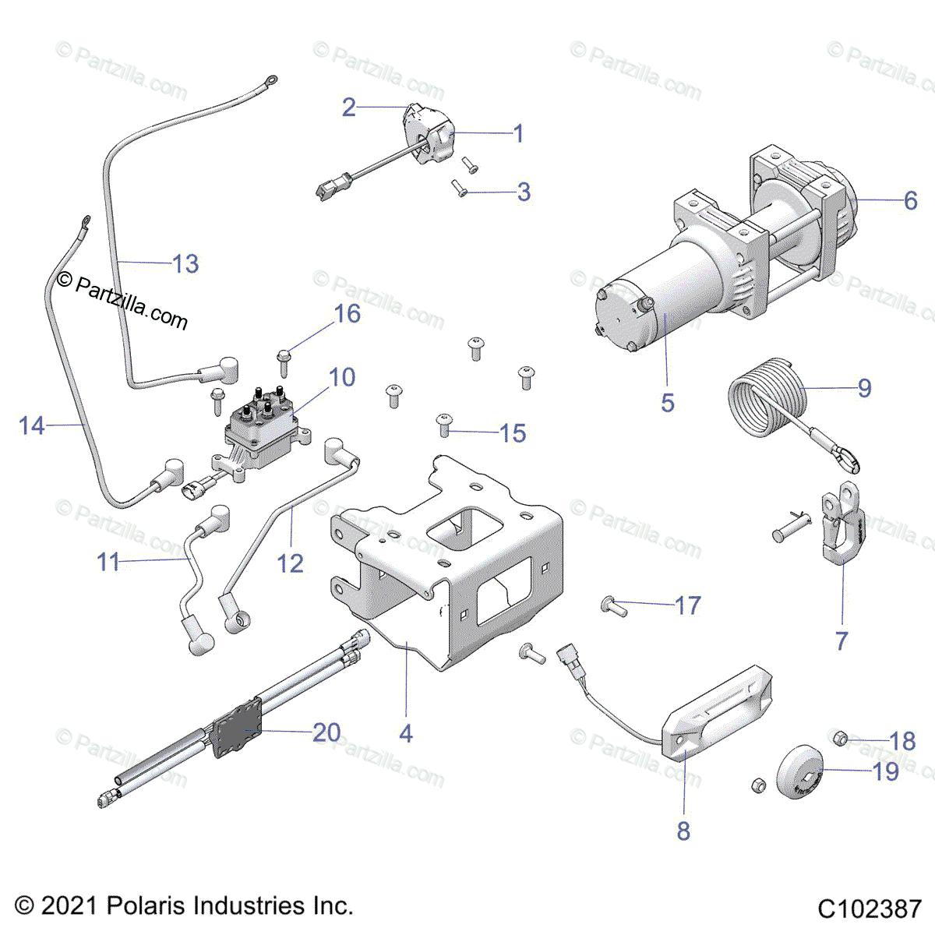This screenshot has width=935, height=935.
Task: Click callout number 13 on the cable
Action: (x=185, y=263)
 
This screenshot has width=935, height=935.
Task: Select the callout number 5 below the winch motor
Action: (x=668, y=403)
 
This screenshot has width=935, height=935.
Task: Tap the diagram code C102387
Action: (x=870, y=909)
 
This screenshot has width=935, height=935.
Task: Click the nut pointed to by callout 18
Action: (x=840, y=737)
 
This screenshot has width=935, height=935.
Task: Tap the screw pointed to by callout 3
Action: (x=459, y=187)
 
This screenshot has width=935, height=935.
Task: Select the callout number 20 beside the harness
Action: (x=326, y=732)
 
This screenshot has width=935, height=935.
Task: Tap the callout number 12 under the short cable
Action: (x=291, y=563)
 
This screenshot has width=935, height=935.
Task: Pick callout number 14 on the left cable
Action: (x=32, y=425)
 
